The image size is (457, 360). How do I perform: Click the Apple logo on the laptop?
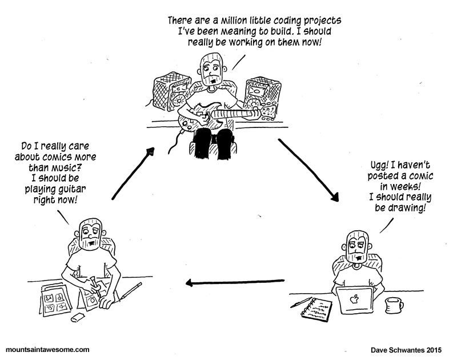tap(354, 299)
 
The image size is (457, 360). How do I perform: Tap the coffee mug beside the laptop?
tap(394, 305)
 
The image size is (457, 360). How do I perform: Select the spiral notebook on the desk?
tap(316, 309)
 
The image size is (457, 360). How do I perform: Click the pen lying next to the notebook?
tap(301, 302)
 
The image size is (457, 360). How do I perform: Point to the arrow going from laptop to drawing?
tap(235, 282)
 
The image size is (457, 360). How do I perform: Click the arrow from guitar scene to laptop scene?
tap(308, 170)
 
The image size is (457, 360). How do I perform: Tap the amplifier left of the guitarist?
tap(171, 92)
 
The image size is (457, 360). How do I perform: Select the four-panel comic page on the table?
tap(56, 301)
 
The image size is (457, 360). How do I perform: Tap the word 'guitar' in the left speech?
tap(73, 190)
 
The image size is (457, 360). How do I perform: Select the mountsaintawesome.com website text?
tap(47, 350)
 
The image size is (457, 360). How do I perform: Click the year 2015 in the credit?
tap(434, 350)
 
